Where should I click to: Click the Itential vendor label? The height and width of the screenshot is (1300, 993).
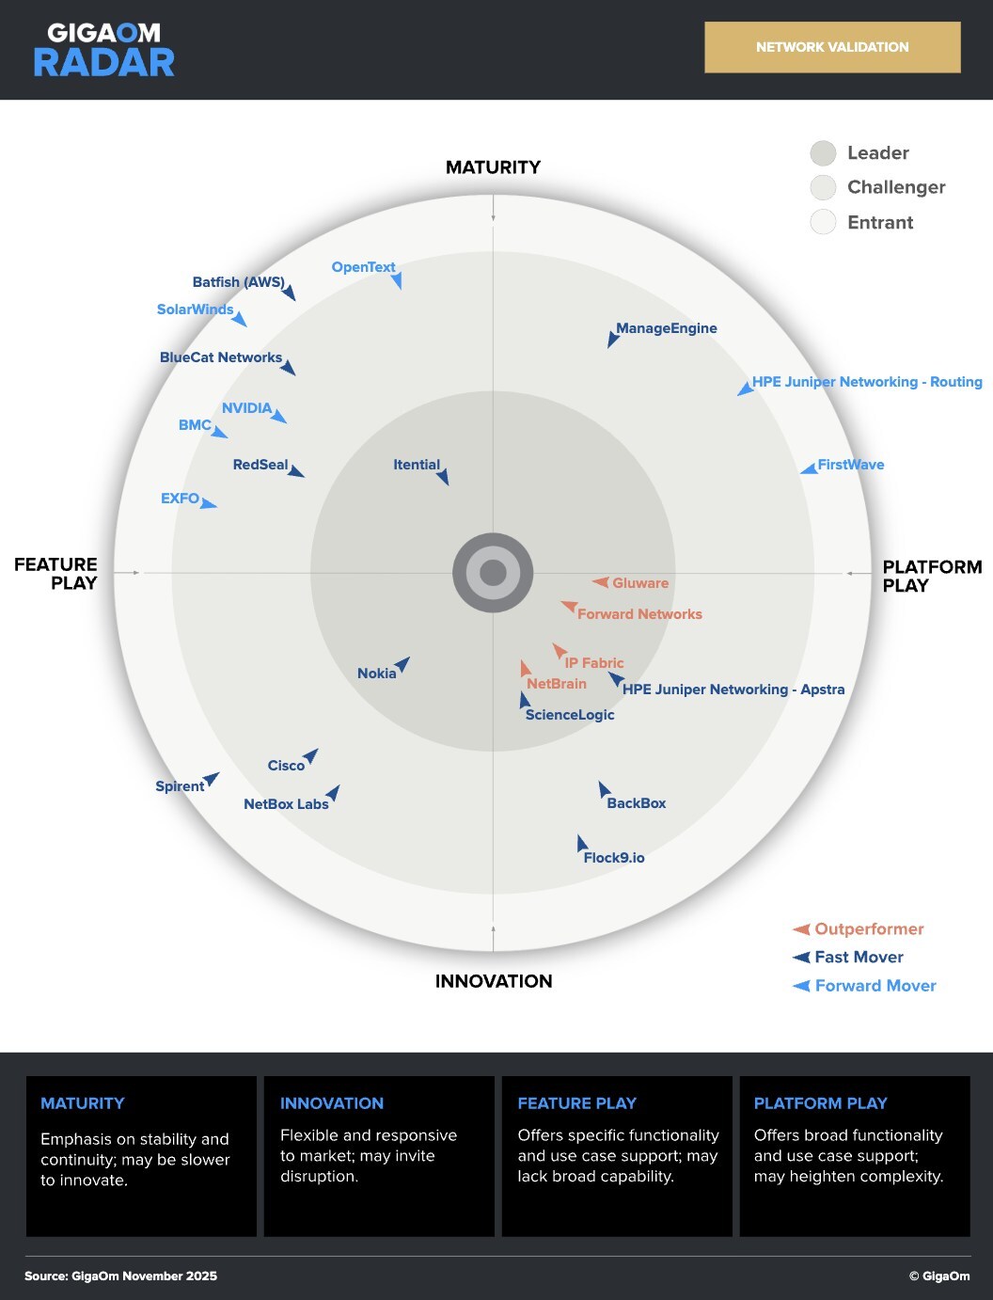416,465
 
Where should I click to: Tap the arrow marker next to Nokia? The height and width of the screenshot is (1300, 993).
402,664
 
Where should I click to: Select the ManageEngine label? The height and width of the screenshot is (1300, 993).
667,328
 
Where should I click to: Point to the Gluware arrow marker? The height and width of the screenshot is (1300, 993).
601,582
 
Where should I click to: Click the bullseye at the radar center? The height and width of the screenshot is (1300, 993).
493,573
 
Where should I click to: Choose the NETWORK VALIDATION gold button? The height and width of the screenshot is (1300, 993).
832,47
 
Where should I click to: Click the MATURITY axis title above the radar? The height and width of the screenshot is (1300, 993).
493,167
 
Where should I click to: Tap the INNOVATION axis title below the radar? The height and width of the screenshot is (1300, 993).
494,981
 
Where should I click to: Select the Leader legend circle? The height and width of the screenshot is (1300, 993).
823,153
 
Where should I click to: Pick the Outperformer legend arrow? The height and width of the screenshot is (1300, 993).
802,929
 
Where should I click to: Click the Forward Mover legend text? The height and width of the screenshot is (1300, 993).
875,986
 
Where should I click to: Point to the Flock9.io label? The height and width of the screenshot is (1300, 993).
614,858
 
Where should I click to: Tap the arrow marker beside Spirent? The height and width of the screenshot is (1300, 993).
212,779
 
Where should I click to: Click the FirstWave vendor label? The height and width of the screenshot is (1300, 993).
851,465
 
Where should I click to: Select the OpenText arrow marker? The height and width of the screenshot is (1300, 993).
397,279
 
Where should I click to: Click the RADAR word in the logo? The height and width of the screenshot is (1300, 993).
103,63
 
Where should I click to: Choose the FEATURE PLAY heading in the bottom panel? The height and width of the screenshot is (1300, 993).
576,1103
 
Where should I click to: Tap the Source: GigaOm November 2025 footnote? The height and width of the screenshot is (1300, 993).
120,1276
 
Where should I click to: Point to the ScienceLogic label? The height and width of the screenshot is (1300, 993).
570,715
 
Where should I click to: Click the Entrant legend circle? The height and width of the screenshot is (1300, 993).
823,223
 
